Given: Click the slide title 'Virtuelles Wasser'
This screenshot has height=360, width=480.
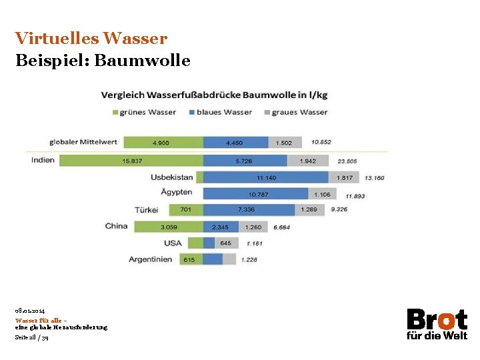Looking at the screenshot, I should [x=91, y=38].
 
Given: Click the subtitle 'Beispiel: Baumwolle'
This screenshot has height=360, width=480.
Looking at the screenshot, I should [x=103, y=61].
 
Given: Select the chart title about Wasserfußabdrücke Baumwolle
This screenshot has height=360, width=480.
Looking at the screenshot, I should [x=214, y=95].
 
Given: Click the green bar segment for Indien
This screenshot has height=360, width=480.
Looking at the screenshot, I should [x=131, y=161].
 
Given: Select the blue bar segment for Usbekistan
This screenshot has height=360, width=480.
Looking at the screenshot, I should [x=265, y=177].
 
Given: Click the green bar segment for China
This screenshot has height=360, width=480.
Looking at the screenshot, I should [x=169, y=227].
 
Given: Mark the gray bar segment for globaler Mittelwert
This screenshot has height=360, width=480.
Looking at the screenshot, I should [x=285, y=142].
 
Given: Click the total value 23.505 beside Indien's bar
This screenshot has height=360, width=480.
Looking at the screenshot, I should [x=347, y=161].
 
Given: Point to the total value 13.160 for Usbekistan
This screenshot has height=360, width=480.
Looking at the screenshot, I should [x=374, y=178].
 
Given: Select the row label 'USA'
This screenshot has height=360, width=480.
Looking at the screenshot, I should [x=173, y=243].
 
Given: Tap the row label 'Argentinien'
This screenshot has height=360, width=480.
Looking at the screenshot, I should [x=151, y=259].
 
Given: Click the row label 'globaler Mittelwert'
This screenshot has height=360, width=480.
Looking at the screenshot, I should [x=83, y=142].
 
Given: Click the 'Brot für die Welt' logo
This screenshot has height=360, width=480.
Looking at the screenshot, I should [x=437, y=324].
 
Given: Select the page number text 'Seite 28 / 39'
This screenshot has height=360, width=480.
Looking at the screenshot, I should [x=31, y=337].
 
